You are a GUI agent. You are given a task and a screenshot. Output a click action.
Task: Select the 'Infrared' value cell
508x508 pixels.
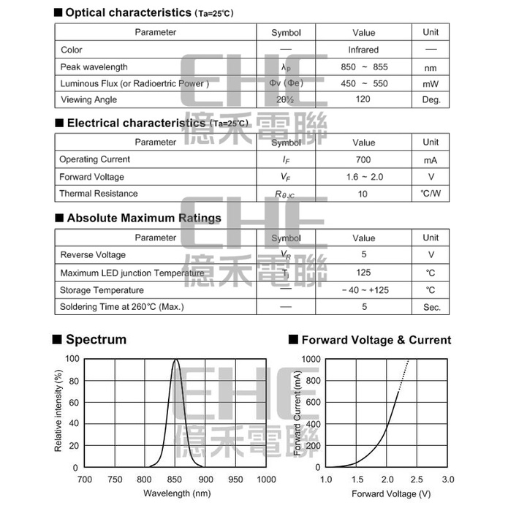[363, 50]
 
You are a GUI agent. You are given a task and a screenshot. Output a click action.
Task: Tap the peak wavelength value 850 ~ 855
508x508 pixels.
[363, 67]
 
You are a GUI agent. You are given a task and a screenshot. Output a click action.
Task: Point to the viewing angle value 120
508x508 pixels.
[363, 99]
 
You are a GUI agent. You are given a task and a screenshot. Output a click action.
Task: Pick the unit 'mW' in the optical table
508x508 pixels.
[431, 83]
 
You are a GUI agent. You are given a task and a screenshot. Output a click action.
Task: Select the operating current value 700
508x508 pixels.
[363, 159]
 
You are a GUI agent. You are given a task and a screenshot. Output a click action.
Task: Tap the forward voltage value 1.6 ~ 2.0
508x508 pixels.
[363, 177]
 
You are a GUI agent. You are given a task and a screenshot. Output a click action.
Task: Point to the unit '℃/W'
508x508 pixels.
[431, 194]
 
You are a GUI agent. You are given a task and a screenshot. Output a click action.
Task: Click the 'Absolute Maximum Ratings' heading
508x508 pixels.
[143, 218]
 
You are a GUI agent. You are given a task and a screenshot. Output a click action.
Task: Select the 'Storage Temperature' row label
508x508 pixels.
[102, 290]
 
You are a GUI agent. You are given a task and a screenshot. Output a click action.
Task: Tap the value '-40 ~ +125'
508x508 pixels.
[363, 290]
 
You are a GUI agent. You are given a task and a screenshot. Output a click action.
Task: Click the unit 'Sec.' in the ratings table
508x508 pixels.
[431, 307]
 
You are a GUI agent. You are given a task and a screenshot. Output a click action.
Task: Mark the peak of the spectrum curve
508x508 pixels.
[175, 360]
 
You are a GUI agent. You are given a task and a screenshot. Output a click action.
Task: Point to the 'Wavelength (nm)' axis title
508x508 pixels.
[175, 493]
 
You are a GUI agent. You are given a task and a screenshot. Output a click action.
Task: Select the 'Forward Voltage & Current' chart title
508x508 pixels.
[376, 340]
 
